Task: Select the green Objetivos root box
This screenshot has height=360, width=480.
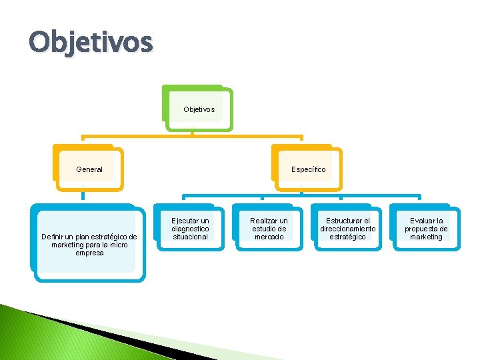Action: tap(199, 109)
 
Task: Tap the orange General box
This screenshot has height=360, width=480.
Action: tap(89, 169)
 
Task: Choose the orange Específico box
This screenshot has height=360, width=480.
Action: tap(308, 169)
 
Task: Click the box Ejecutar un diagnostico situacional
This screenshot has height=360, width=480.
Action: tap(190, 229)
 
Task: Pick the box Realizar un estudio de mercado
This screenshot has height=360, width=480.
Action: tap(269, 229)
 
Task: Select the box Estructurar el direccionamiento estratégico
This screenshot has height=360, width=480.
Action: tap(347, 229)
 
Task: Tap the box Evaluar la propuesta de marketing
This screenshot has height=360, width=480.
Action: tap(426, 229)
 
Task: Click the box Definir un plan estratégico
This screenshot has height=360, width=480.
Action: tap(89, 245)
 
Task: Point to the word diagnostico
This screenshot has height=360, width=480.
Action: tap(190, 229)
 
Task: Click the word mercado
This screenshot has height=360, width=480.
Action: tap(269, 237)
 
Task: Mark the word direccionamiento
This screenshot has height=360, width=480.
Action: tap(347, 229)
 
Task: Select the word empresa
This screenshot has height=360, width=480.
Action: tap(89, 253)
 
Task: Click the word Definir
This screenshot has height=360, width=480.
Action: tap(51, 237)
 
